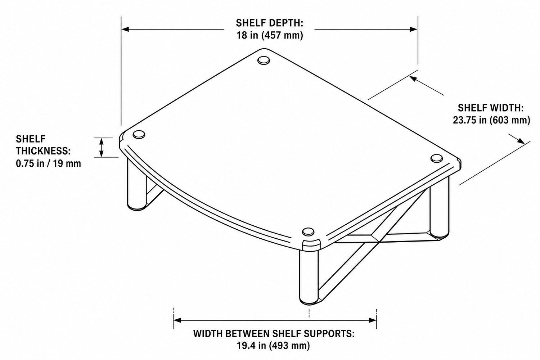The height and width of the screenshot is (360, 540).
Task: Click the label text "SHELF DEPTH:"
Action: (269, 23)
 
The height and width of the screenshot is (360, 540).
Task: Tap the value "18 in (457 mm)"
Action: (270, 35)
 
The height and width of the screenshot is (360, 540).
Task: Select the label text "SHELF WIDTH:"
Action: (491, 108)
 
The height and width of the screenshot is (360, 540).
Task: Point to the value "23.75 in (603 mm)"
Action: (491, 120)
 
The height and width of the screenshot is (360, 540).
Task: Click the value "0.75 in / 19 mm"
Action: (49, 163)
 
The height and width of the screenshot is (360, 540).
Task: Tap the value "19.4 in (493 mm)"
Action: (273, 346)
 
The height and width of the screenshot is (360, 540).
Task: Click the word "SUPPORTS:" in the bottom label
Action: (329, 334)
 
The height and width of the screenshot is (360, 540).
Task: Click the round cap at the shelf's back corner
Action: (264, 60)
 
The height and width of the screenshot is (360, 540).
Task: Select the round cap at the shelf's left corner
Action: (139, 135)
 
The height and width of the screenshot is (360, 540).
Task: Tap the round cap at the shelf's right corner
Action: (436, 158)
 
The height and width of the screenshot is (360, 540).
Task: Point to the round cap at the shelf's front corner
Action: (308, 232)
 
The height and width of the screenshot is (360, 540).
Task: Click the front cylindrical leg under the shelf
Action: (309, 277)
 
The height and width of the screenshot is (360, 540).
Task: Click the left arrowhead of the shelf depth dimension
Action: (125, 30)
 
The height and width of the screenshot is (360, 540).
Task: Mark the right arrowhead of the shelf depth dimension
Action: (413, 30)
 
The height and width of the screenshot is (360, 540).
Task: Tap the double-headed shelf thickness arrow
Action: (102, 148)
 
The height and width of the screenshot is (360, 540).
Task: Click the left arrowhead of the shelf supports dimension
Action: (177, 320)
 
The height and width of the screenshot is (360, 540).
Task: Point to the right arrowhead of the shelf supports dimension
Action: (373, 320)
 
